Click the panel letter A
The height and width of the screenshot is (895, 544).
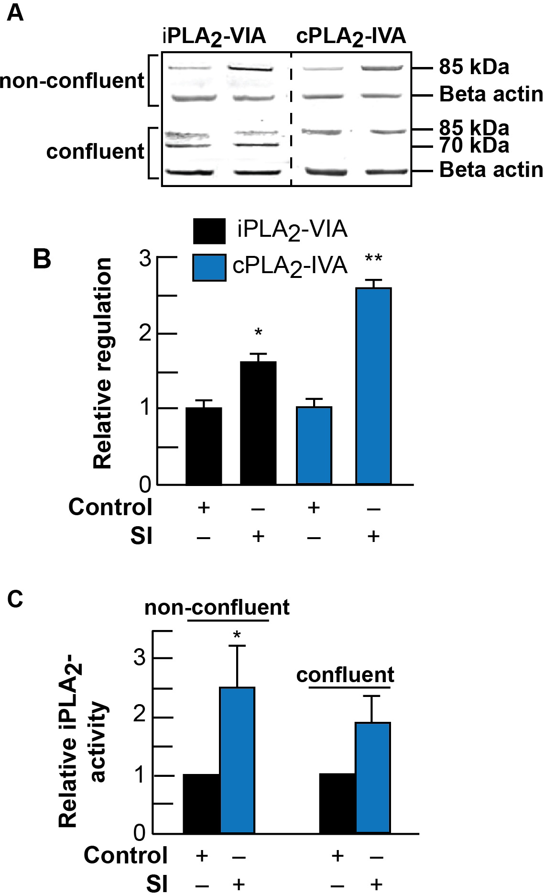coord(15,13)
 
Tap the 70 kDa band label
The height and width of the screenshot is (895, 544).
coord(474,146)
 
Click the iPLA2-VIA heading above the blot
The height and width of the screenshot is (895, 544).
coord(214,36)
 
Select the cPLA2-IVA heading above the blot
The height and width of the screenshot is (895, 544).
coord(351,36)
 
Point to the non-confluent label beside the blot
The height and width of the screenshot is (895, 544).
coord(72,80)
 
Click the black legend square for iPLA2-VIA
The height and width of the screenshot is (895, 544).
coord(209,231)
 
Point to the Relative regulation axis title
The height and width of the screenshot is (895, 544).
coord(103,364)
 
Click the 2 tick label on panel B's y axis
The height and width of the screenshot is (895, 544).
coord(145,333)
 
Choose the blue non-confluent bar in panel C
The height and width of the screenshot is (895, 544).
coord(237,761)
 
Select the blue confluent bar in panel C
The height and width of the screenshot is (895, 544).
coord(373,778)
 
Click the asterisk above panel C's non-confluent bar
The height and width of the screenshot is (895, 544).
coord(237,635)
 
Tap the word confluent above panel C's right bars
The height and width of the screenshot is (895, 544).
coord(345,675)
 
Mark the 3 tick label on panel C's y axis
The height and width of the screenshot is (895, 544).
coord(140,658)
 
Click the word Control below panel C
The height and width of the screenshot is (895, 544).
coord(126,855)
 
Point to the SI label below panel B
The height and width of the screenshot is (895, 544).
coord(141,536)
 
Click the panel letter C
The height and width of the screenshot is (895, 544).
coord(15,599)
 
